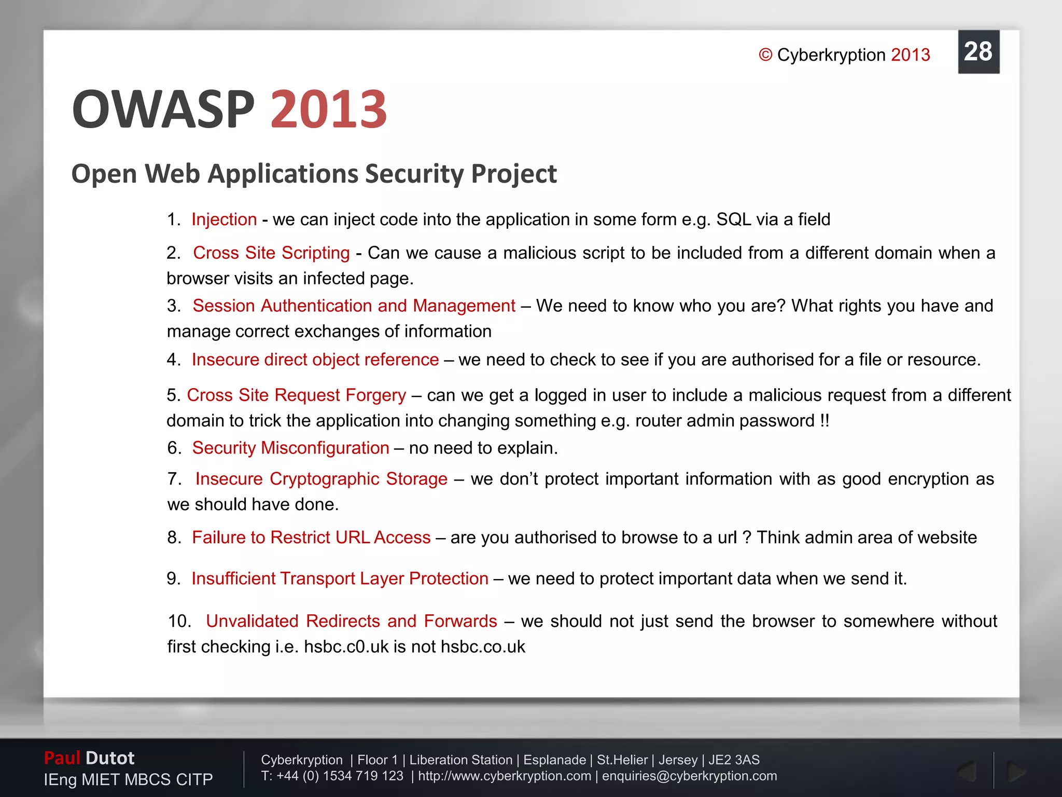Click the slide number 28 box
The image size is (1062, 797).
point(978,52)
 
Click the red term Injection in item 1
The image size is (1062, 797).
point(224,219)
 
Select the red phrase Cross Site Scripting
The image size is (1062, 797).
point(271,253)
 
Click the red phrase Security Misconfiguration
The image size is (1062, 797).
point(290,448)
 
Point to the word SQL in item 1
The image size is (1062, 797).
point(733,219)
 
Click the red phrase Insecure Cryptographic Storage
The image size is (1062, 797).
point(321,478)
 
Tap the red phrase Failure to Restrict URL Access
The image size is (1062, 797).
point(311,537)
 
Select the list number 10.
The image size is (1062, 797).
point(179,621)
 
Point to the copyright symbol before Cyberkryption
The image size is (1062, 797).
point(765,55)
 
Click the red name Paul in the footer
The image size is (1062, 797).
point(62,758)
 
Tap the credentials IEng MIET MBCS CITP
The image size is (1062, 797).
point(128,779)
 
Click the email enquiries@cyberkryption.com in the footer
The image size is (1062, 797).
point(689,776)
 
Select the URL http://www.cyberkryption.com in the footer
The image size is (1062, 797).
point(504,776)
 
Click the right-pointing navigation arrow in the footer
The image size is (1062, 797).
point(1015,772)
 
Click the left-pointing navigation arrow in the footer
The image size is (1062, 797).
point(967,772)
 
